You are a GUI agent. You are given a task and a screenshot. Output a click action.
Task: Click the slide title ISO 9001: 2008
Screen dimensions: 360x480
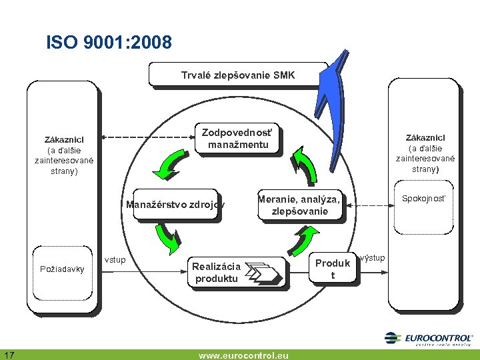(x=109, y=43)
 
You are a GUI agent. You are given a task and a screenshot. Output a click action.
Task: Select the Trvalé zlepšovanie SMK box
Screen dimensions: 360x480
(x=237, y=75)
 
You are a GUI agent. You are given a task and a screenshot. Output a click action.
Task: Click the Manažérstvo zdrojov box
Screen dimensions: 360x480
(x=175, y=205)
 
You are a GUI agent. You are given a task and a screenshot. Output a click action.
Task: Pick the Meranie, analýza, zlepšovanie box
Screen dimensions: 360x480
(x=299, y=205)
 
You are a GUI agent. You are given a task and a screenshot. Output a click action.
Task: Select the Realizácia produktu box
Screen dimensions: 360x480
(x=237, y=272)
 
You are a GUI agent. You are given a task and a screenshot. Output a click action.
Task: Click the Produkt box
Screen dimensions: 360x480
(x=332, y=269)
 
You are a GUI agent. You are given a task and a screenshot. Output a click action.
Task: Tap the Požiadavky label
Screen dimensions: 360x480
(x=62, y=269)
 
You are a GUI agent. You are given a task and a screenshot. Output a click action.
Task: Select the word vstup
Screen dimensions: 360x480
(x=115, y=259)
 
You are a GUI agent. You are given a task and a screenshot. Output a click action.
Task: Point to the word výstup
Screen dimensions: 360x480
(x=373, y=257)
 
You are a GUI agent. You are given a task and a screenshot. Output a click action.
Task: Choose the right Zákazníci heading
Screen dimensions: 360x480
(x=425, y=137)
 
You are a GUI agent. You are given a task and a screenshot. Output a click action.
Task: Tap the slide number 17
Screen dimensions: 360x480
(x=10, y=353)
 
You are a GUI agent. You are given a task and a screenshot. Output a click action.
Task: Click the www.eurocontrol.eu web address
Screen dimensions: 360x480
(x=243, y=355)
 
